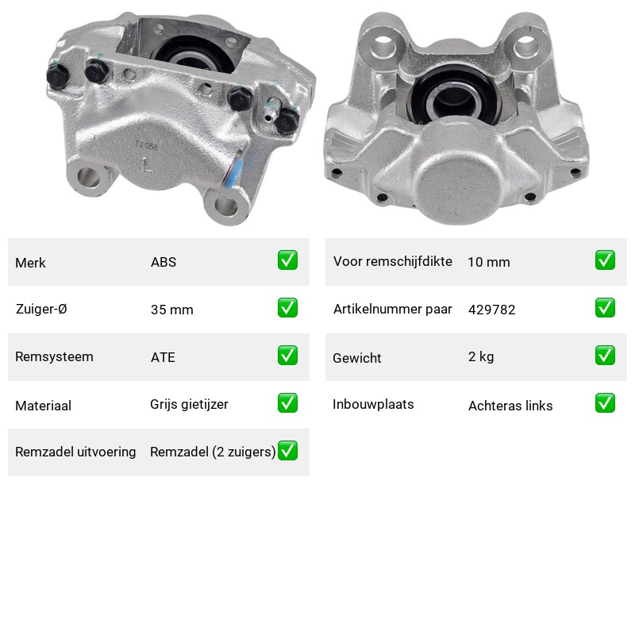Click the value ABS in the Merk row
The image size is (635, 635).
164,262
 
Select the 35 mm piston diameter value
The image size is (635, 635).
171,310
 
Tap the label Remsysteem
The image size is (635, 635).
54,356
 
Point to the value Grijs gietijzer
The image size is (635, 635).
189,405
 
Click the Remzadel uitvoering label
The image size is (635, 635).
75,452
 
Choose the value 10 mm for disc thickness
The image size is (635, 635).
489,262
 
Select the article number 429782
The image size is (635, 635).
491,310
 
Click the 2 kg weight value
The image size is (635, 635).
481,356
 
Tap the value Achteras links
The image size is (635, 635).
510,406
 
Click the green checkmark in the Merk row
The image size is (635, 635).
287,260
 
